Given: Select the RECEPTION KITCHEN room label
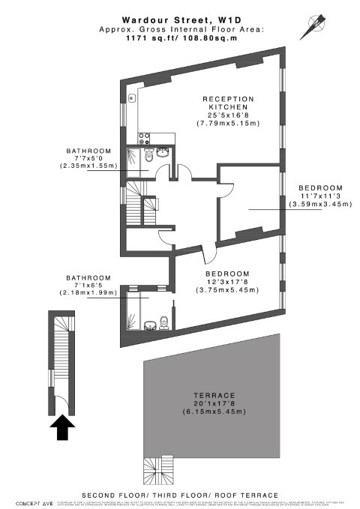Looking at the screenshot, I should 228,104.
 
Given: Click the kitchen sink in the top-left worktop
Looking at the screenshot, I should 133,97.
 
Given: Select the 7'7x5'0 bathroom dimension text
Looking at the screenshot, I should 88,157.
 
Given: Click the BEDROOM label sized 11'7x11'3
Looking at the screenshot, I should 320,187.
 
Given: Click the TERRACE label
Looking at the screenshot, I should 214,395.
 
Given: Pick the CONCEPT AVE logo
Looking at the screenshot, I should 28,499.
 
